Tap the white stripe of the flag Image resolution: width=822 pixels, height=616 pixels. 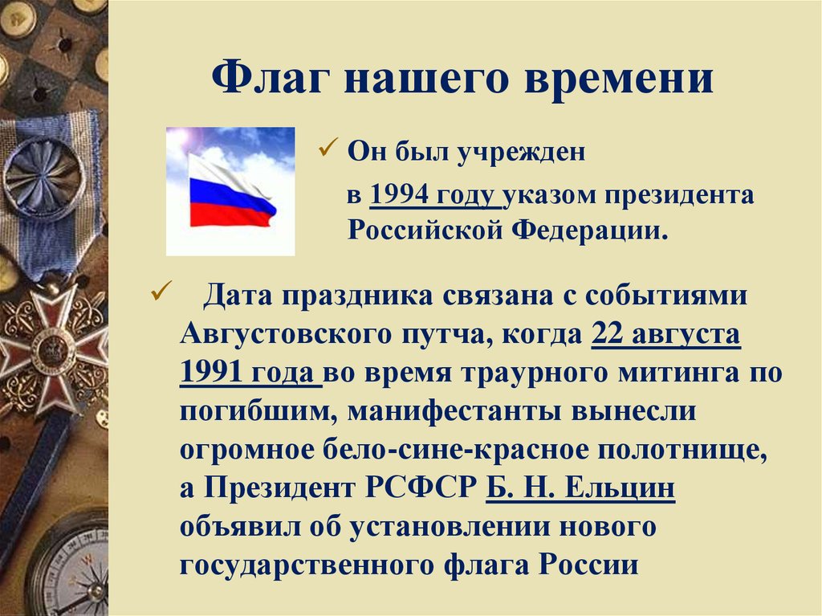pos(225,173)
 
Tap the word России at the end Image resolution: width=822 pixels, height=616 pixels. pos(588,565)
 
